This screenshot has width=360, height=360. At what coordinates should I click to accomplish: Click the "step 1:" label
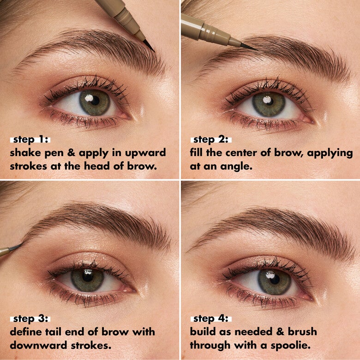click(x=30, y=139)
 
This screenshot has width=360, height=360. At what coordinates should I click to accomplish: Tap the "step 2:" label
click(x=210, y=139)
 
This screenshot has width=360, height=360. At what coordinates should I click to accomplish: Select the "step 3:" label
click(x=30, y=319)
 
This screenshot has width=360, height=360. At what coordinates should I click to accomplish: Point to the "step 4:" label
click(x=210, y=319)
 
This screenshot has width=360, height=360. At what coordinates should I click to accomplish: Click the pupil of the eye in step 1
click(x=94, y=102)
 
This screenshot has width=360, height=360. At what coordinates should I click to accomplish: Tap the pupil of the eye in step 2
click(x=269, y=104)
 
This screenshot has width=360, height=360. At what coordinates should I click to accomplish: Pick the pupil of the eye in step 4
click(x=274, y=282)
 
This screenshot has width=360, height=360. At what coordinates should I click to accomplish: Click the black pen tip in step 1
click(x=150, y=46)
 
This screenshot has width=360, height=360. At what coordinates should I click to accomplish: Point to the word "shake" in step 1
click(x=26, y=153)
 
